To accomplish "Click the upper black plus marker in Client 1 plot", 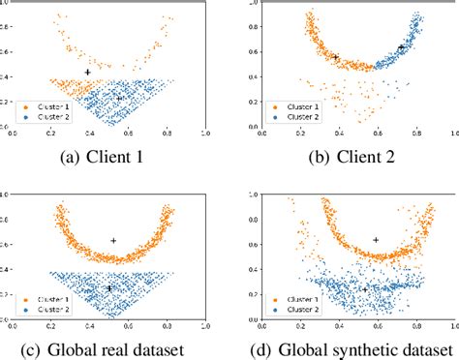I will pos(88,73).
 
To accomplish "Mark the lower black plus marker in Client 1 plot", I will pos(119,98).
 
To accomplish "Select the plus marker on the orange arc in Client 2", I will pos(336,57).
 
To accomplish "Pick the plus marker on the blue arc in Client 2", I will pos(401,46).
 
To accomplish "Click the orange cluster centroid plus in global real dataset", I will pos(113,241).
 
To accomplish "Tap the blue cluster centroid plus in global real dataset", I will pos(109,287).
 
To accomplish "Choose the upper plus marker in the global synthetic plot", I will pos(376,240).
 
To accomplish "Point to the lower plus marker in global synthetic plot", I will pos(364,288).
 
